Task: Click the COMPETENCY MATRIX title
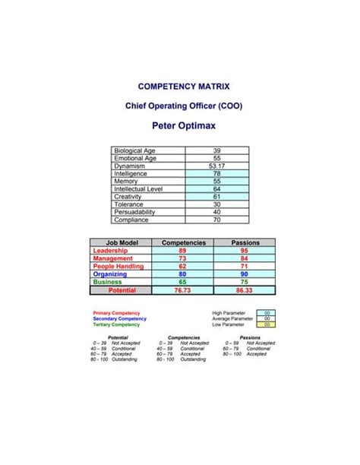[x=180, y=86]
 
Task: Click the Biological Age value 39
[x=216, y=150]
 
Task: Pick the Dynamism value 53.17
[x=216, y=166]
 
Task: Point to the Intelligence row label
[x=131, y=173]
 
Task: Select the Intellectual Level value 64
[x=216, y=188]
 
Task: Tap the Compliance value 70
[x=216, y=220]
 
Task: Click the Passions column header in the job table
[x=245, y=242]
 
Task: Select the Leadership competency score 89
[x=182, y=250]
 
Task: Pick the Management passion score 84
[x=245, y=258]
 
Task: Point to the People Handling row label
[x=121, y=266]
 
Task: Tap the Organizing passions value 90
[x=245, y=274]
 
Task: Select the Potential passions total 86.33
[x=245, y=290]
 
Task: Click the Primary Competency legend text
[x=115, y=312]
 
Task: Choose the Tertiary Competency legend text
[x=116, y=324]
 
